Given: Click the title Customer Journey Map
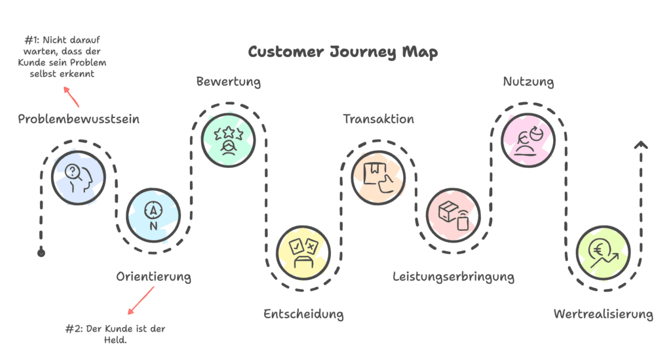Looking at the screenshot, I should click(x=343, y=52).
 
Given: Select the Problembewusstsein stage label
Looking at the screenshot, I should click(x=79, y=119).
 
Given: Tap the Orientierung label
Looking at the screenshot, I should click(x=153, y=276).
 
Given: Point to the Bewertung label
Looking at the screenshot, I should click(x=229, y=82).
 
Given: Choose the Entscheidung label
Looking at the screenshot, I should click(x=303, y=314).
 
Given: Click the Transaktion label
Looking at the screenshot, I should click(x=379, y=119).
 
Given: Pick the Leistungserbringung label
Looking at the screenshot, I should click(x=453, y=276).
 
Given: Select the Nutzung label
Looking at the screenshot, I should click(x=528, y=82).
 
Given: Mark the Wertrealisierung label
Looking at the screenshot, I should click(x=603, y=314).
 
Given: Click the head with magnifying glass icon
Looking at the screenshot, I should click(x=79, y=176).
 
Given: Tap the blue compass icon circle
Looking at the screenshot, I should click(x=153, y=214).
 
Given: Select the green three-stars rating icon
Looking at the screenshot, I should click(x=229, y=138).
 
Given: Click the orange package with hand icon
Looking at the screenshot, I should click(x=379, y=176).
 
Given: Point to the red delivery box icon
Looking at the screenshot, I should click(x=453, y=214).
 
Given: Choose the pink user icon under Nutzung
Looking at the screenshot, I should click(x=528, y=138).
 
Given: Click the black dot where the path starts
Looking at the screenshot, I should click(x=41, y=252).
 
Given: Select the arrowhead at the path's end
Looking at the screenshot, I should click(x=642, y=144).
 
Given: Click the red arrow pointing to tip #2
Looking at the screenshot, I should click(x=140, y=301).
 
